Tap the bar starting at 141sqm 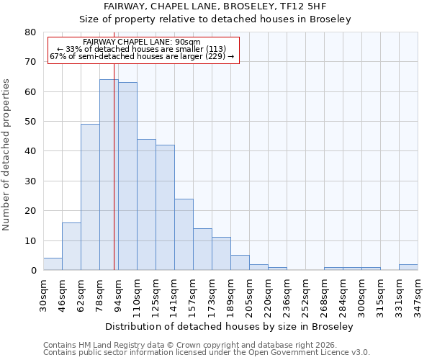point(184,235)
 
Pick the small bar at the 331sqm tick point(408,267)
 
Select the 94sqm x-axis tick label point(118,294)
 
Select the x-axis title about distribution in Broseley point(234,326)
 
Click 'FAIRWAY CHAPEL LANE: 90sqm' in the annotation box point(142,42)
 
